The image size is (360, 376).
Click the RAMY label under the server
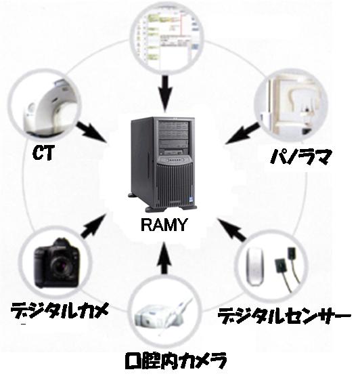click(164, 225)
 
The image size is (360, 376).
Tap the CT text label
click(43, 152)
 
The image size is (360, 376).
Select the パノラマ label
click(301, 156)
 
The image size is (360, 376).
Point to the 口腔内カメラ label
click(175, 360)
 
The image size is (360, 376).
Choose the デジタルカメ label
click(60, 310)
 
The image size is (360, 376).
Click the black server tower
click(163, 163)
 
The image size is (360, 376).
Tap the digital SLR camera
click(56, 263)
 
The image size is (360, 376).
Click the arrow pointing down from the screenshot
click(165, 93)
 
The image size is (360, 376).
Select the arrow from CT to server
click(91, 132)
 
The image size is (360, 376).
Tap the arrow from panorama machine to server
click(242, 133)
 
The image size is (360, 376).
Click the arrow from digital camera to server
click(94, 226)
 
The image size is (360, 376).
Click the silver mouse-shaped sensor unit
click(255, 267)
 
